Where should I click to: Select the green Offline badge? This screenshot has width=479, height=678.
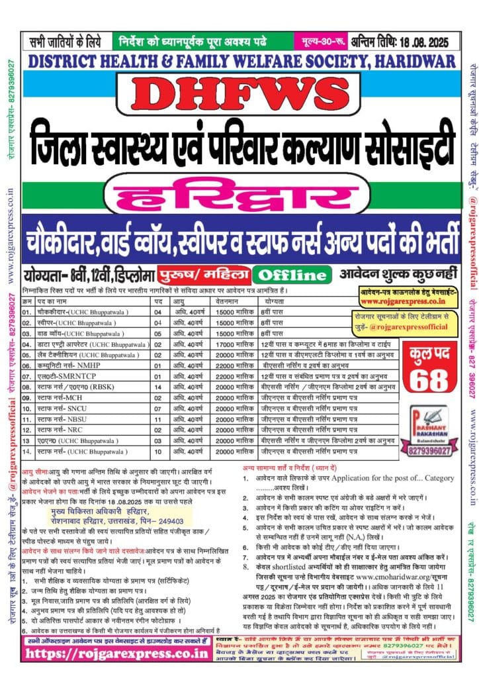(x=310, y=274)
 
